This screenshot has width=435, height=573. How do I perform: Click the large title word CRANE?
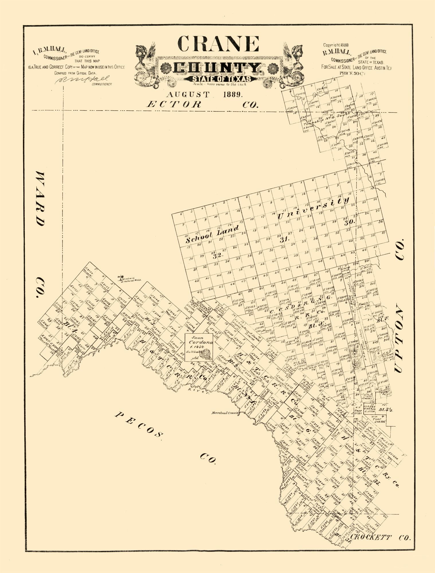tap(218, 44)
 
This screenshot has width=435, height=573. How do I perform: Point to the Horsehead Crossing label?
tap(225, 413)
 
